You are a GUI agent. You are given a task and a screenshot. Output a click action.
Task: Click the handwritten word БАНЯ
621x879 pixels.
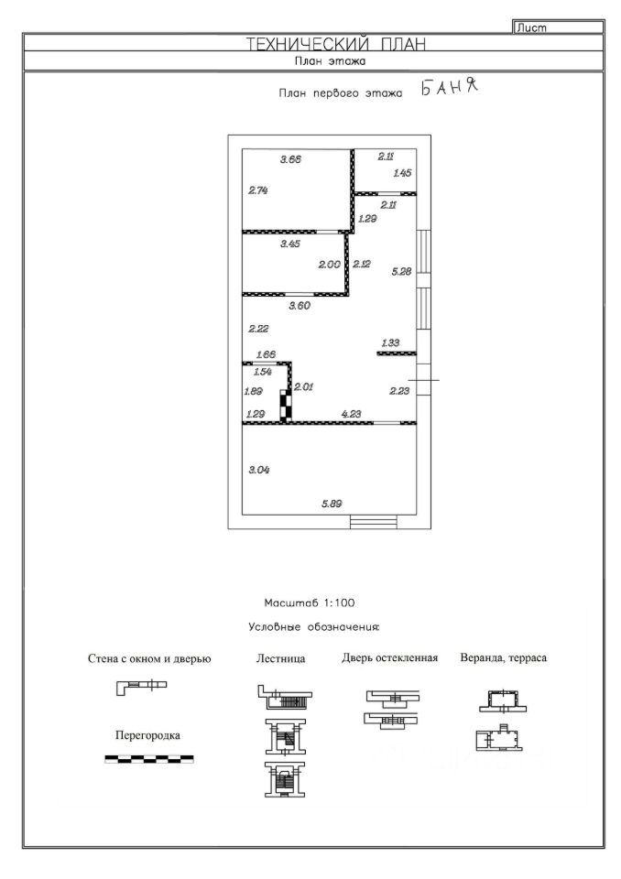[450, 87]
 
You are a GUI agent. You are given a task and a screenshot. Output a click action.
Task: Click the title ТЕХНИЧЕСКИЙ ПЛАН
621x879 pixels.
[336, 44]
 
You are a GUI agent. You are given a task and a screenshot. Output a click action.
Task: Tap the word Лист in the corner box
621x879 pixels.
[531, 27]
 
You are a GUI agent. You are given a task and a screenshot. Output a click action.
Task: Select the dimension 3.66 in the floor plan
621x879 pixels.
[290, 159]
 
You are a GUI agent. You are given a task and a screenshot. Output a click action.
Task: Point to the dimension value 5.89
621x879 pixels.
[332, 504]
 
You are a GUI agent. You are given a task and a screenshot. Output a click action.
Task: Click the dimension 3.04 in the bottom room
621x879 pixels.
[258, 470]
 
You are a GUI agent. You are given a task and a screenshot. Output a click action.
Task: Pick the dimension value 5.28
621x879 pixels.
[401, 271]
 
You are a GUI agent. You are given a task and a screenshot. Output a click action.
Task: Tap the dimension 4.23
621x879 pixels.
[351, 414]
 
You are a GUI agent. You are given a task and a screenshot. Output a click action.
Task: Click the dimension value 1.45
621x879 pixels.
[402, 173]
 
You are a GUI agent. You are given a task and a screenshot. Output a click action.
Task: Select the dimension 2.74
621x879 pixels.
[258, 190]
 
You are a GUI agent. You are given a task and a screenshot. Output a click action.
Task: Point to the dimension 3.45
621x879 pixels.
[290, 244]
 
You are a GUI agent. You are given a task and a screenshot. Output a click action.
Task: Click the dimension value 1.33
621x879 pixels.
[390, 343]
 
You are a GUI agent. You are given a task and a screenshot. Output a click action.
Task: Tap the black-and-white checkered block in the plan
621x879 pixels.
[286, 404]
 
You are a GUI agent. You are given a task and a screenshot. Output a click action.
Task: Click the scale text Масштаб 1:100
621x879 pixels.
[310, 603]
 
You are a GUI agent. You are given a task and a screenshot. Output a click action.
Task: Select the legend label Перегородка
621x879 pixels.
[147, 735]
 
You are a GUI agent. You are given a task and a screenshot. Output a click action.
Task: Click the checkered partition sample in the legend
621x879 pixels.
[149, 759]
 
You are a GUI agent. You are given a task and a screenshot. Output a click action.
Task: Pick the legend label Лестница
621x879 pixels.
[280, 658]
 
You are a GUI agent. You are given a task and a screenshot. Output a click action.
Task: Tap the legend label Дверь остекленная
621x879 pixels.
[389, 657]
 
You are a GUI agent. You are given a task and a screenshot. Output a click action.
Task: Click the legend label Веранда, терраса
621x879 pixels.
[503, 657]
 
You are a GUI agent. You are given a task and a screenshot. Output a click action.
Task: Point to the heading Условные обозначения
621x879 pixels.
[313, 627]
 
